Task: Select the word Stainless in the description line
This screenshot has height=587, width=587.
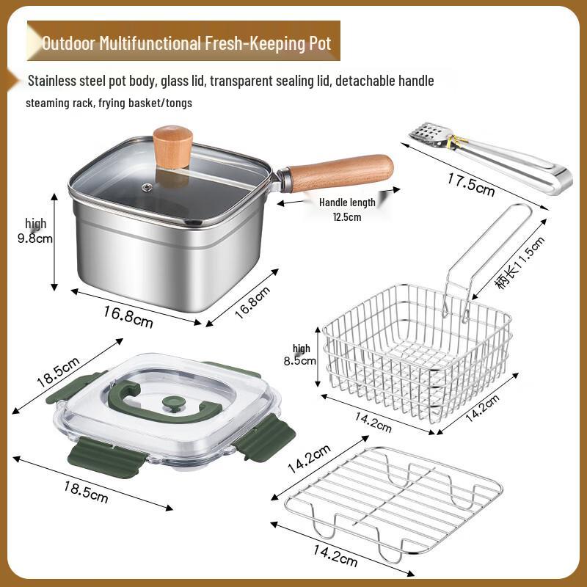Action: [x=56, y=81]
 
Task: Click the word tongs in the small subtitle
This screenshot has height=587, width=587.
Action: [x=176, y=103]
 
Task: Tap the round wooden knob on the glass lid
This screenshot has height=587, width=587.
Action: [x=172, y=142]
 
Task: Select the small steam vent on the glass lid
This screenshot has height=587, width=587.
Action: [x=147, y=188]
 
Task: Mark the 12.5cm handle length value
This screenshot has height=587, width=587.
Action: [x=346, y=216]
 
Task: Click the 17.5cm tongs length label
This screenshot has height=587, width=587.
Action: [x=470, y=183]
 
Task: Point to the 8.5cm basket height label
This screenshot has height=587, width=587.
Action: [x=302, y=360]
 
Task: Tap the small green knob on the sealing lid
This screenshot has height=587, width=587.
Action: [x=173, y=403]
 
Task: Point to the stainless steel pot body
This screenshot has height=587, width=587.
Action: [x=169, y=249]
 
